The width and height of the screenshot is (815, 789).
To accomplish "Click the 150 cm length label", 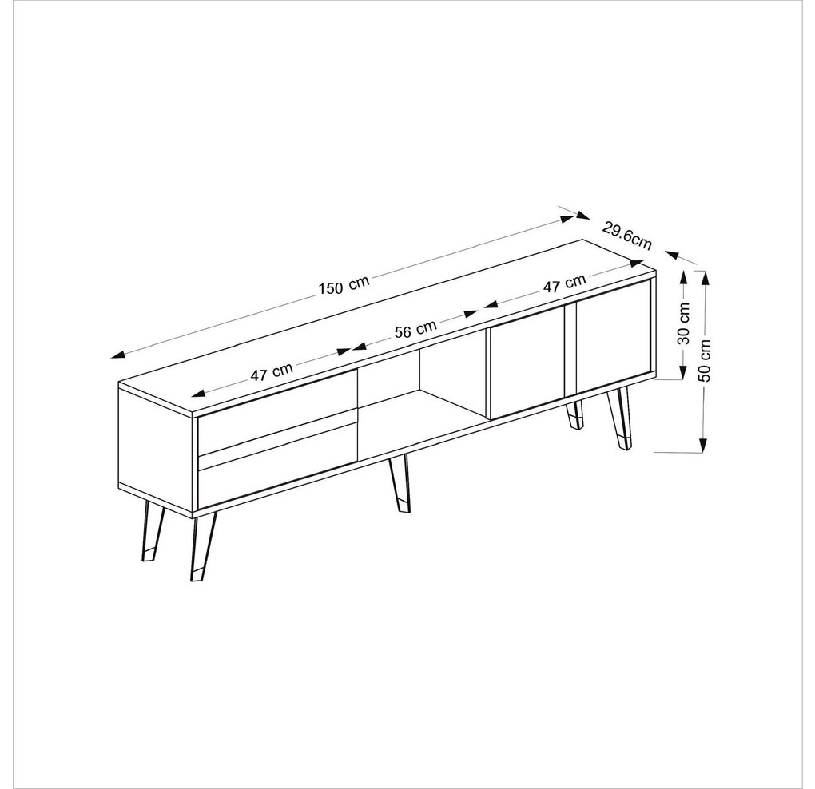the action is click(x=344, y=285).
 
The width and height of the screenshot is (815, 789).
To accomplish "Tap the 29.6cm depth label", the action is click(x=627, y=236).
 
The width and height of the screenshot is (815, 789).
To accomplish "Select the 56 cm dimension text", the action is click(x=415, y=329).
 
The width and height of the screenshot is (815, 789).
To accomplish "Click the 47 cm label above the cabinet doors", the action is click(x=564, y=283).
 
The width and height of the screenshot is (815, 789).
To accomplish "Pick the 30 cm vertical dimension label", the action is click(x=684, y=323).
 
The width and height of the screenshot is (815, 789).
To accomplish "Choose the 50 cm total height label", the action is click(x=705, y=360).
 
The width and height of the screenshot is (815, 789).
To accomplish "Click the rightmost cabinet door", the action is click(x=614, y=337).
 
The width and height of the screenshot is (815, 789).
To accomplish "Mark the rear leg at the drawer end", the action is click(x=153, y=530).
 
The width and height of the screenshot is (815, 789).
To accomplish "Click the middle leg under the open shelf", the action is click(x=400, y=483).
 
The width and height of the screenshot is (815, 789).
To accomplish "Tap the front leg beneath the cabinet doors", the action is click(x=618, y=418).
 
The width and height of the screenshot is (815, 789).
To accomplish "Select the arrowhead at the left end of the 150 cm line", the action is click(x=118, y=355).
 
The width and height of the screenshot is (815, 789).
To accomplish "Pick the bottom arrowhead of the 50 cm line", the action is click(x=703, y=445).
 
